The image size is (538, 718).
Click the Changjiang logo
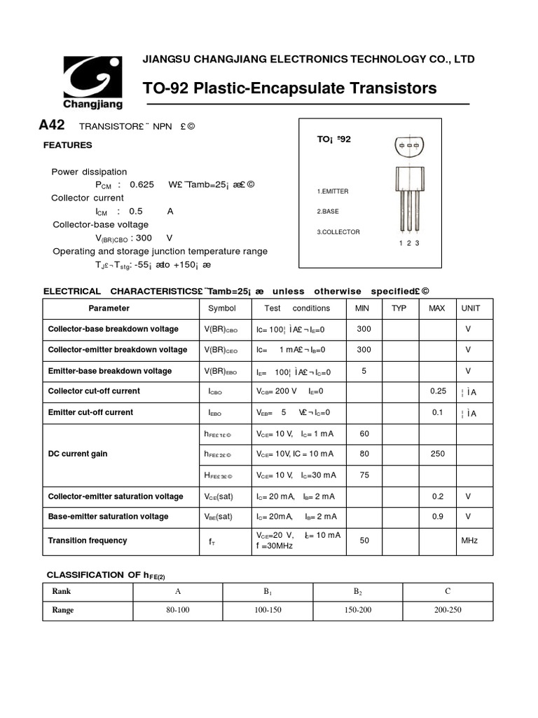click(93, 82)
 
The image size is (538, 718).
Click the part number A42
click(52, 126)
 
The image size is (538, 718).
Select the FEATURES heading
click(68, 145)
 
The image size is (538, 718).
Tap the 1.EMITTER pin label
click(333, 191)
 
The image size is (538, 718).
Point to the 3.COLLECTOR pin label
click(338, 231)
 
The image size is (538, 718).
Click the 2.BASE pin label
click(328, 211)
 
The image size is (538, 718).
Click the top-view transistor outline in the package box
click(408, 146)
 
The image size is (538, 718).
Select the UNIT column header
click(470, 309)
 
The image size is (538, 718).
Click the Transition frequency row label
click(88, 541)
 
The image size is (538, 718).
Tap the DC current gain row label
click(78, 454)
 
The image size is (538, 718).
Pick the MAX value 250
click(437, 454)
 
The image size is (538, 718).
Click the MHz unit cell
click(469, 541)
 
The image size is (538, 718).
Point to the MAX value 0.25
click(437, 391)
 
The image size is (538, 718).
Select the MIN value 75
click(364, 475)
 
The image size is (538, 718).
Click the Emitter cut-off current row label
click(90, 412)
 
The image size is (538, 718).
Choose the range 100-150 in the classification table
click(268, 610)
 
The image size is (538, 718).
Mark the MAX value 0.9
click(437, 516)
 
